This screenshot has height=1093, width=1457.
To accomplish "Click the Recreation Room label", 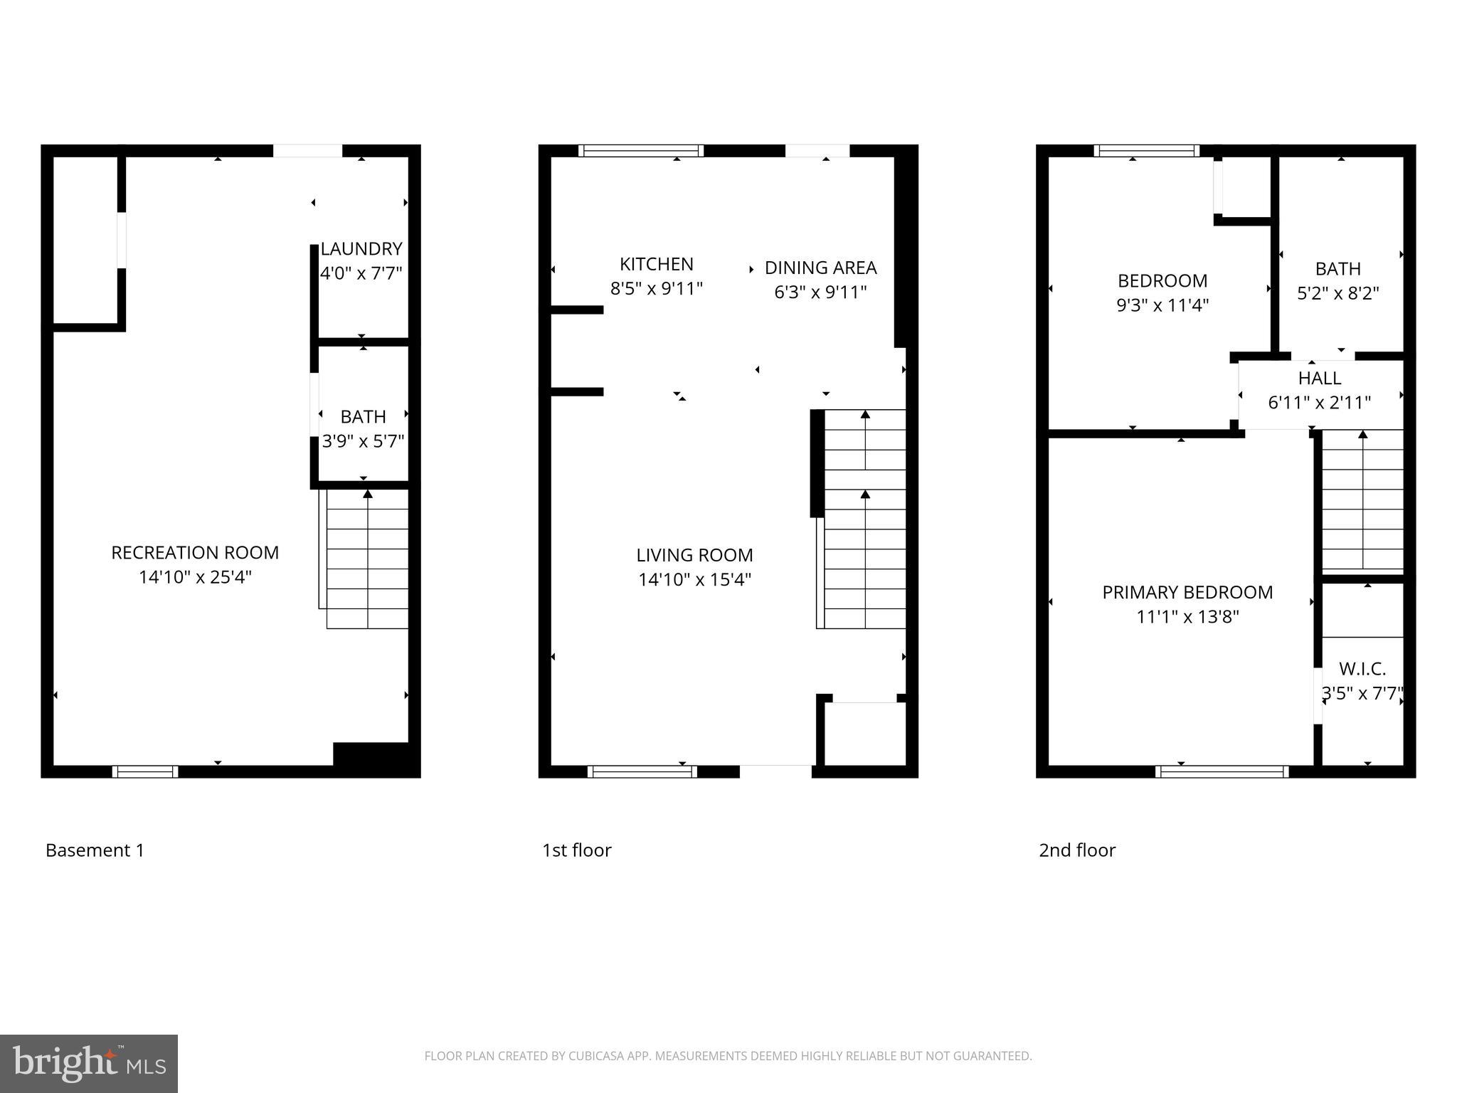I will pyautogui.click(x=195, y=553).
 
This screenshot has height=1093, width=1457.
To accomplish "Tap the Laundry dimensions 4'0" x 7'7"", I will pyautogui.click(x=361, y=273).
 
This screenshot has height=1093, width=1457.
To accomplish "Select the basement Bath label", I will pyautogui.click(x=363, y=416).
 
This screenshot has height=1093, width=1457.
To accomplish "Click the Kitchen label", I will pyautogui.click(x=656, y=264).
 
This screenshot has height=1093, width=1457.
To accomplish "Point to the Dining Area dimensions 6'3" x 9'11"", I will pyautogui.click(x=820, y=292).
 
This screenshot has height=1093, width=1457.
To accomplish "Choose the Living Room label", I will pyautogui.click(x=694, y=555).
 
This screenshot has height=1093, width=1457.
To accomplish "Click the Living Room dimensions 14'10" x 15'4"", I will pyautogui.click(x=694, y=579).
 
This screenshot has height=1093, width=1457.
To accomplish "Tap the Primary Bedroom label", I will pyautogui.click(x=1187, y=592).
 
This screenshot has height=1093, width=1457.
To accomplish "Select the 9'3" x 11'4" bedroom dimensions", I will pyautogui.click(x=1162, y=305).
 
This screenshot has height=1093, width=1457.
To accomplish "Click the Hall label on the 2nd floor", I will pyautogui.click(x=1320, y=378).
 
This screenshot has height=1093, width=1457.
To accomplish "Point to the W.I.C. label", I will pyautogui.click(x=1362, y=669).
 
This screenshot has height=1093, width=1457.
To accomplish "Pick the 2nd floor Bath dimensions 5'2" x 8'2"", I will pyautogui.click(x=1337, y=293).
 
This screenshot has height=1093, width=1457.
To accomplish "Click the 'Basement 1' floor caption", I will pyautogui.click(x=95, y=850).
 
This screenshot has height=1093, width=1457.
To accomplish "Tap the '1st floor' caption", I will pyautogui.click(x=576, y=850).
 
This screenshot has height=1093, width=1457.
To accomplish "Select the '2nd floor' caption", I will pyautogui.click(x=1077, y=850).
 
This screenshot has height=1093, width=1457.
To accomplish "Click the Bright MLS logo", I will pyautogui.click(x=89, y=1063).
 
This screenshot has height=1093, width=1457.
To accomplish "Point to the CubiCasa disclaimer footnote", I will pyautogui.click(x=728, y=1056).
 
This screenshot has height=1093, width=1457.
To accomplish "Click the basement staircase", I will pyautogui.click(x=367, y=559).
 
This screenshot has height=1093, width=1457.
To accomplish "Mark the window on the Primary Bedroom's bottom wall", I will pyautogui.click(x=1222, y=771).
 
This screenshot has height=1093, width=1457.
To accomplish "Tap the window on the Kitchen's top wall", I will pyautogui.click(x=641, y=151).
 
